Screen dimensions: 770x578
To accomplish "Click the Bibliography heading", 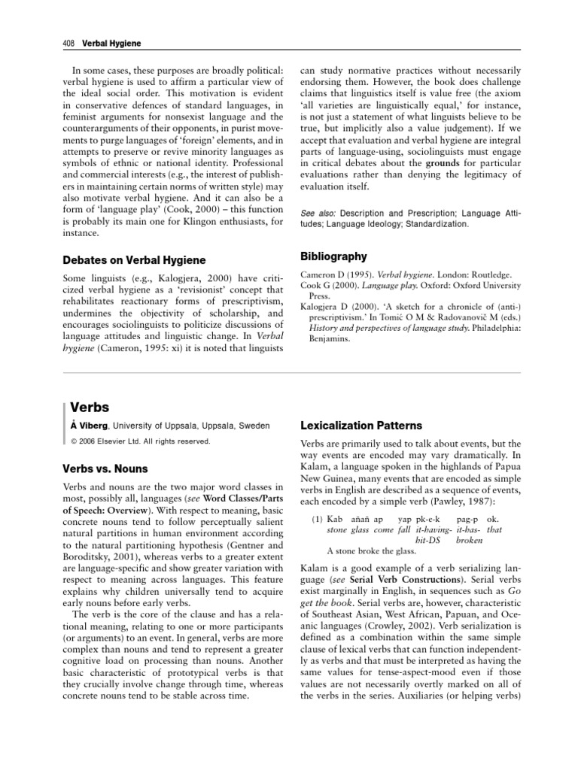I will [335, 256].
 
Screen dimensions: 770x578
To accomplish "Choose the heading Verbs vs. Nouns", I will [117, 468].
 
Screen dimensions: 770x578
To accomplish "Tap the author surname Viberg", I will [95, 426].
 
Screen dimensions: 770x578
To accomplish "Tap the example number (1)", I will [317, 519].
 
